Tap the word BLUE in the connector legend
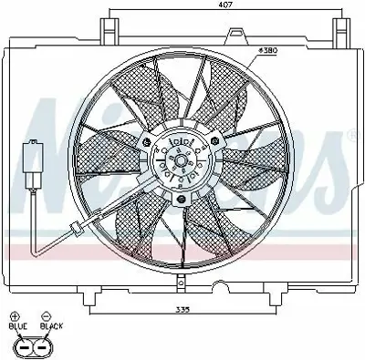click(18, 325)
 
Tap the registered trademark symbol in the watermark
click(351, 136)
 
